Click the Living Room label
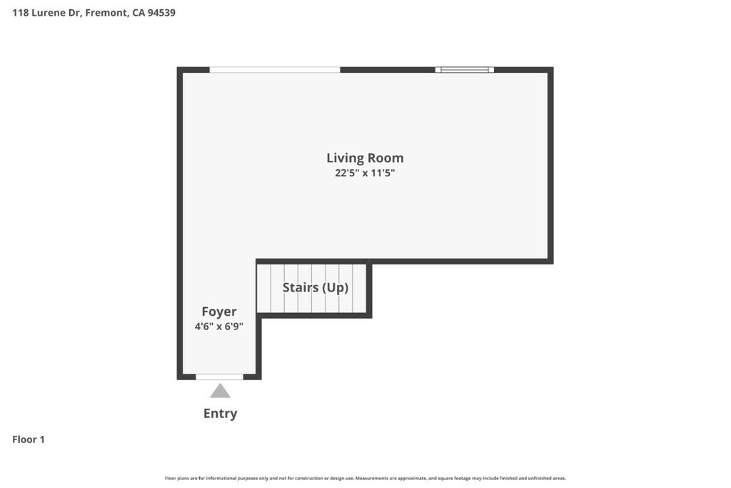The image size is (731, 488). [x=365, y=158]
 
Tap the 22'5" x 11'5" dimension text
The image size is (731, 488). [x=365, y=173]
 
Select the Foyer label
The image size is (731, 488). [x=219, y=312]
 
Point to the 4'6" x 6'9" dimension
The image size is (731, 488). [x=219, y=326]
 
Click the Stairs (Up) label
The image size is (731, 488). [x=316, y=287]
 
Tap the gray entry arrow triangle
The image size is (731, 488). [x=220, y=391]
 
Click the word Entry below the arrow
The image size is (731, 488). [x=221, y=414]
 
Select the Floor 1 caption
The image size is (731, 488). [x=29, y=439]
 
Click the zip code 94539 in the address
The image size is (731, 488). [x=162, y=13]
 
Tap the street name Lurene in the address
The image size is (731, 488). [x=49, y=13]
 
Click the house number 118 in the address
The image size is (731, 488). [x=21, y=13]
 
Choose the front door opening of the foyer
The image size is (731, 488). [x=220, y=377]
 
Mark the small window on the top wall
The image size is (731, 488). [x=465, y=70]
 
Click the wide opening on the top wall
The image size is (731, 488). [x=275, y=70]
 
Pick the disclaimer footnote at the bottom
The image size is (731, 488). [x=365, y=478]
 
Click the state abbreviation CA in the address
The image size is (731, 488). [x=138, y=13]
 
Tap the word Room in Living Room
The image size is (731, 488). [x=385, y=158]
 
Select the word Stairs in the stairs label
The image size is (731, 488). [x=301, y=287]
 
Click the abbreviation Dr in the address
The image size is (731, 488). [x=75, y=13]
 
